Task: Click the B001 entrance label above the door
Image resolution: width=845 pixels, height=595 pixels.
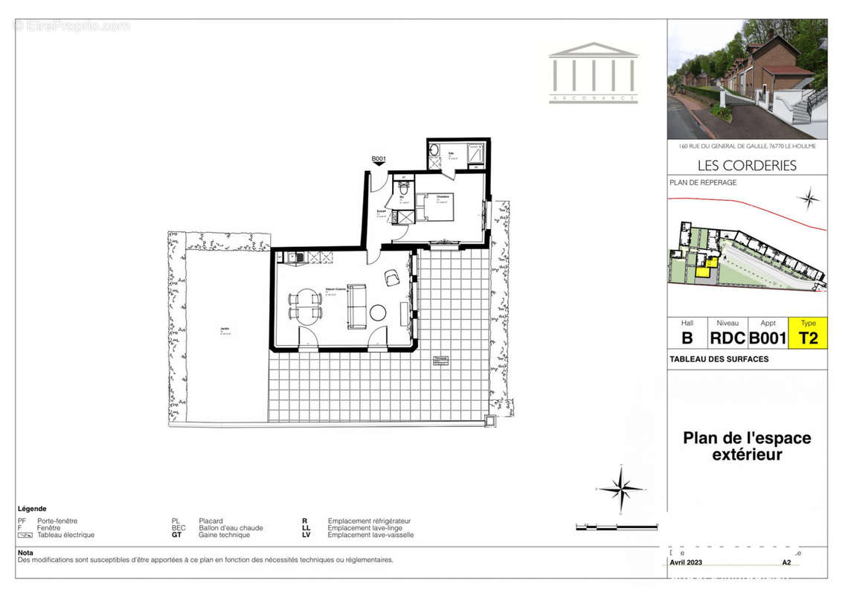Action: pyautogui.click(x=379, y=159)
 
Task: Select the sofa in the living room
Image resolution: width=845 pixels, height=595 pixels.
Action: pyautogui.click(x=357, y=306)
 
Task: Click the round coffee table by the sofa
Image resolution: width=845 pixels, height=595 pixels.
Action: pyautogui.click(x=378, y=312)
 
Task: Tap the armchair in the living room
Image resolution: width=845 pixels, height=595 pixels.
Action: pyautogui.click(x=392, y=279)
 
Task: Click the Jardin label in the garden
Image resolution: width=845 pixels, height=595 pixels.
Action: pyautogui.click(x=224, y=329)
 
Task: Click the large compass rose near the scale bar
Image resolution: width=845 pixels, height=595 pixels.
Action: pyautogui.click(x=620, y=489)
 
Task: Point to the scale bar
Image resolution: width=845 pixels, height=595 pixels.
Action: pyautogui.click(x=617, y=527)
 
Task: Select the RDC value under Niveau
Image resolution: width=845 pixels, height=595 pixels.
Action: pyautogui.click(x=727, y=338)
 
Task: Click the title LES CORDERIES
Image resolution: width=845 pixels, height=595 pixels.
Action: pyautogui.click(x=747, y=165)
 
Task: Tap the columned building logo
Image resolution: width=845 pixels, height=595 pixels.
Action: pyautogui.click(x=593, y=72)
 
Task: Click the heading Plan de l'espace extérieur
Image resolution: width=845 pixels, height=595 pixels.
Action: pyautogui.click(x=747, y=446)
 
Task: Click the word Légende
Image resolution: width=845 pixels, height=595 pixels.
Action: pyautogui.click(x=32, y=509)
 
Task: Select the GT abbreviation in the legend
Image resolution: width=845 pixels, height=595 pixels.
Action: pyautogui.click(x=177, y=535)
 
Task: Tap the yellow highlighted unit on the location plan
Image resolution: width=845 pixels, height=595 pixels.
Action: pyautogui.click(x=704, y=271)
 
